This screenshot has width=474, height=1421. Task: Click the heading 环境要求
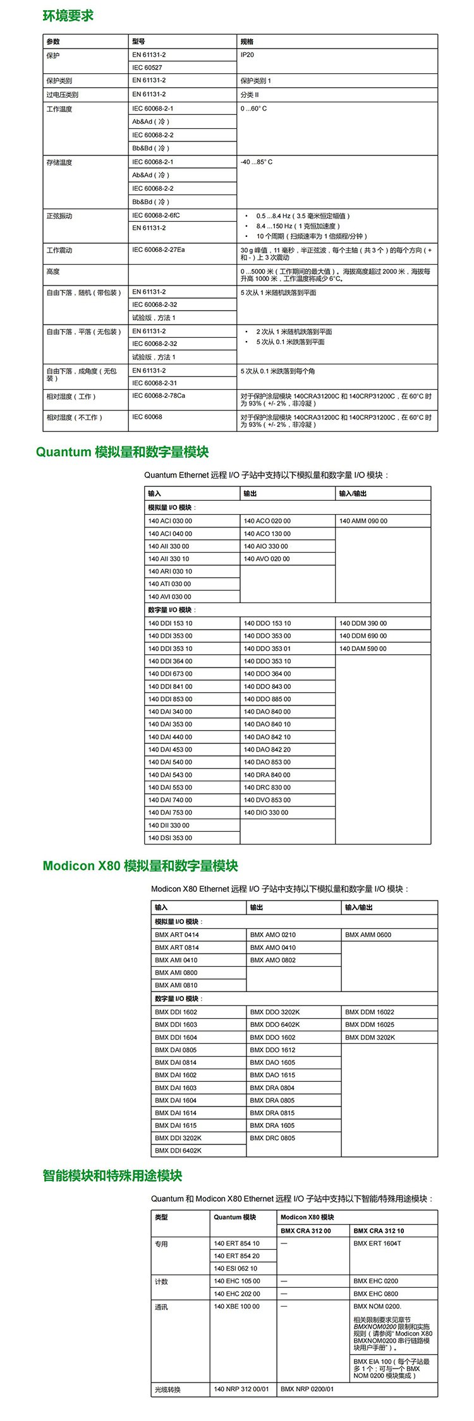click(x=68, y=16)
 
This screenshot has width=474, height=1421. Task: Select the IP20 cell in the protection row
click(x=247, y=55)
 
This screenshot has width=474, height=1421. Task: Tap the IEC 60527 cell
click(x=147, y=68)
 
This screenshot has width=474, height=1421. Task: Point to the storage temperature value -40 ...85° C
click(x=257, y=162)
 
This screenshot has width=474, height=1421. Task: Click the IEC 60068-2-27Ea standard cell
click(x=159, y=250)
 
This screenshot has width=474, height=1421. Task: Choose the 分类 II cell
click(x=250, y=95)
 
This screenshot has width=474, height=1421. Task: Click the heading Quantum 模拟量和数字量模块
click(x=122, y=452)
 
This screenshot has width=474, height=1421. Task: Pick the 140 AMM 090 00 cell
click(x=363, y=521)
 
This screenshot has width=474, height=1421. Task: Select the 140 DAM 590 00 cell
click(x=363, y=649)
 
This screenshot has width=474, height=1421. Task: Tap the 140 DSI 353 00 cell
click(x=170, y=838)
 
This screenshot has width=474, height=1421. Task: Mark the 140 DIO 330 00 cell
click(x=266, y=813)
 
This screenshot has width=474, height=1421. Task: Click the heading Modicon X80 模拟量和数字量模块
click(x=140, y=866)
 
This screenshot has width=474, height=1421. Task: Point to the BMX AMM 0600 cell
click(x=368, y=935)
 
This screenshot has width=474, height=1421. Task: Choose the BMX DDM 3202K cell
click(x=370, y=1037)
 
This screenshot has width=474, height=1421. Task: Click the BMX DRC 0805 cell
click(x=272, y=1138)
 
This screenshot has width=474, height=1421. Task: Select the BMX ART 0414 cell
click(x=177, y=935)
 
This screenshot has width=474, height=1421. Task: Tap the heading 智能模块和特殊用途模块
click(x=112, y=1175)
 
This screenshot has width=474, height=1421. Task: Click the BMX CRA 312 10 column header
click(x=379, y=1230)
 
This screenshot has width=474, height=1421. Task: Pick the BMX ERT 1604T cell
click(x=377, y=1244)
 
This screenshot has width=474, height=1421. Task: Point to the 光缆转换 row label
click(x=167, y=1389)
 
